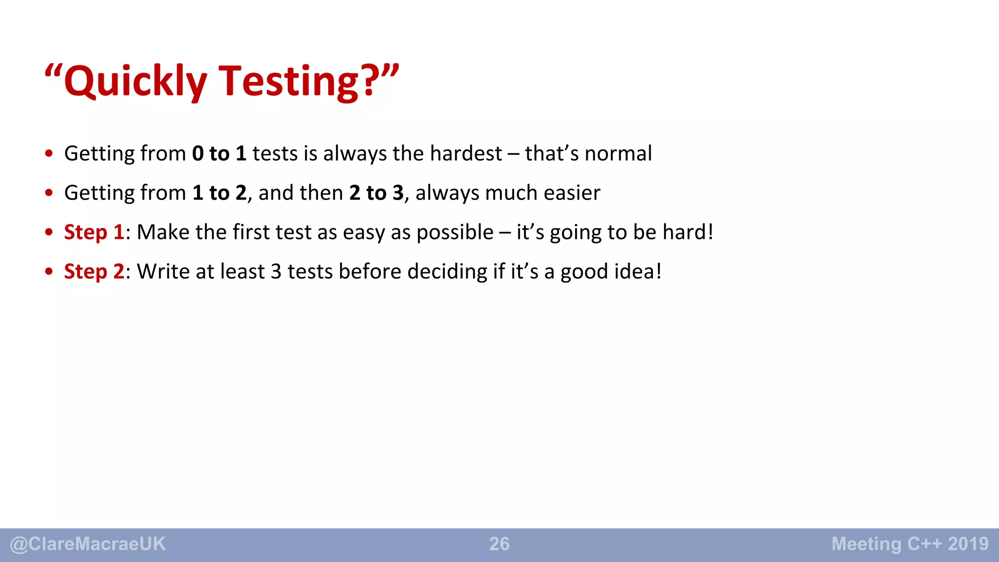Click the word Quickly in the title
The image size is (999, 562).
coord(135,81)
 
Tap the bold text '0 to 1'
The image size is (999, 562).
coord(219,154)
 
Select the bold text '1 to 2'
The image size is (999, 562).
coord(220,193)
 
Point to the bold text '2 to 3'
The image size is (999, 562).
coord(376,193)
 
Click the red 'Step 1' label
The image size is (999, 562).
coord(94,232)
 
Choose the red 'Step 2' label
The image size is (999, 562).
coord(94,272)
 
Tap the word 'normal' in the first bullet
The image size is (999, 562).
coord(618,154)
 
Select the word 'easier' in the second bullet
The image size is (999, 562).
coord(572,193)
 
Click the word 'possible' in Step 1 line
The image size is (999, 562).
coord(455,233)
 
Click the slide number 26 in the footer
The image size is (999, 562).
coord(499,544)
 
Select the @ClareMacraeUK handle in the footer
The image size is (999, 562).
coord(88,544)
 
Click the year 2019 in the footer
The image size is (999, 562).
coord(968,544)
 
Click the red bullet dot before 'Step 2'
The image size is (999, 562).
coord(49,272)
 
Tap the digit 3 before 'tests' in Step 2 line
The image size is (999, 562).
coord(276,272)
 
